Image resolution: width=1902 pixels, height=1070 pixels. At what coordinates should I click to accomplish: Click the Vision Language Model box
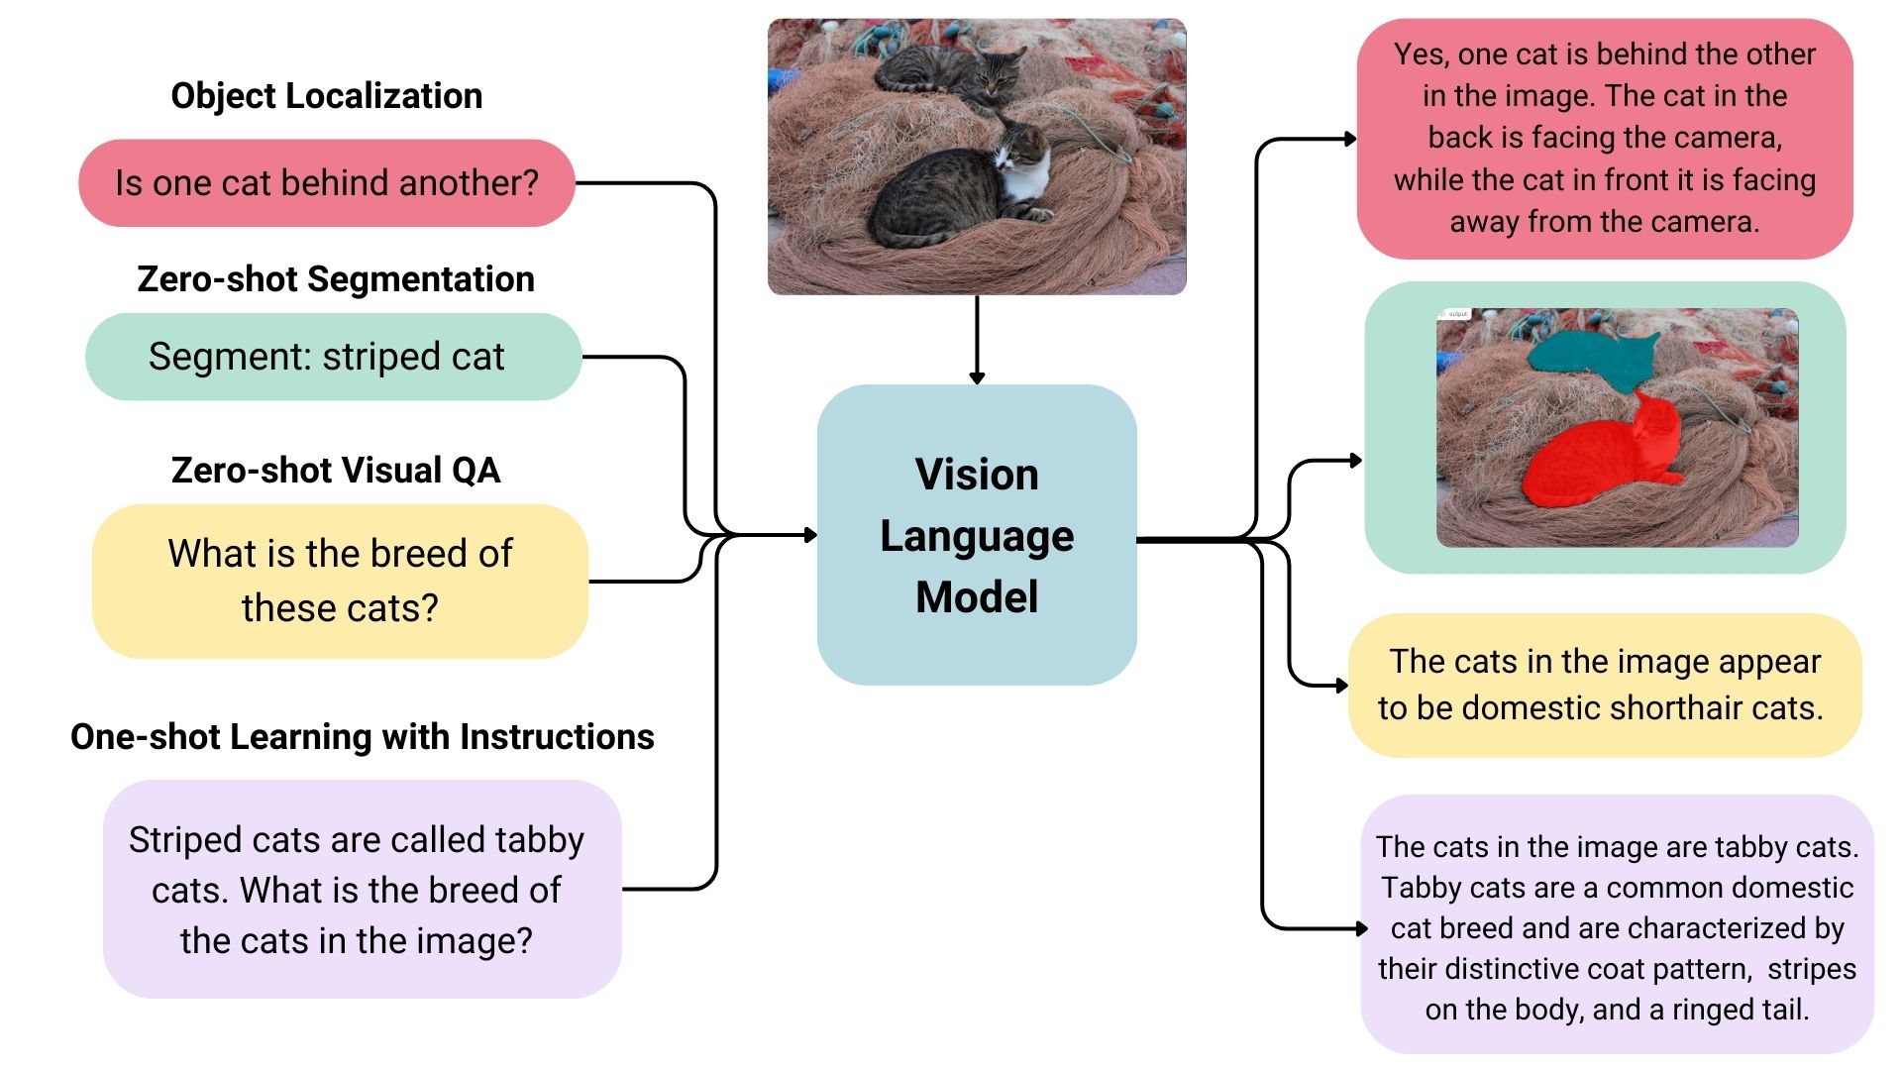[x=977, y=535]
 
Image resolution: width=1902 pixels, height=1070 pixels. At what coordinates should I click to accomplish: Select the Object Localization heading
[x=327, y=96]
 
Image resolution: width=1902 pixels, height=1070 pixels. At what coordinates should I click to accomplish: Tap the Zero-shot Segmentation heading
[x=336, y=279]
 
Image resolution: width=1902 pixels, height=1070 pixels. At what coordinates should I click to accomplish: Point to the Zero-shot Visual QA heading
[x=336, y=470]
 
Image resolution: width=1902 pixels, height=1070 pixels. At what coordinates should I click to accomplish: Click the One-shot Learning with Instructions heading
[x=363, y=737]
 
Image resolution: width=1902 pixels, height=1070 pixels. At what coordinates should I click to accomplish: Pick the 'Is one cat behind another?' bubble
[x=327, y=183]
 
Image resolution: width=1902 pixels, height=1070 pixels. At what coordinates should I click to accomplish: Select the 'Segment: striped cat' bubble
[x=333, y=357]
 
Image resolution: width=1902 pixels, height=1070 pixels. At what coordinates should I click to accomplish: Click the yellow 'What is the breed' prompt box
[x=340, y=581]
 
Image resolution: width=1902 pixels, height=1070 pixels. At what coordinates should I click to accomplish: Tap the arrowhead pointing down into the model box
[x=977, y=377]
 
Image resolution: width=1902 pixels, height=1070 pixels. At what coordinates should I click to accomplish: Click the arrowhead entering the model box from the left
[x=810, y=535]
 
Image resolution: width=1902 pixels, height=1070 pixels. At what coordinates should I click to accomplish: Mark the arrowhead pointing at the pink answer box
[x=1350, y=140]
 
